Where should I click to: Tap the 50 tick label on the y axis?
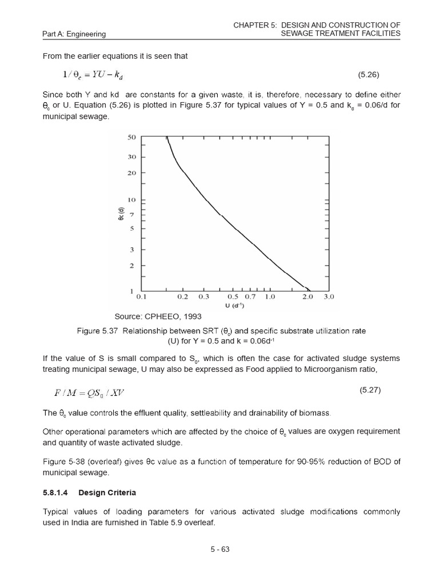coord(131,138)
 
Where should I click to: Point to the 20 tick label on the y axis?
coord(131,173)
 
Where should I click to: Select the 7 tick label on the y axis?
coord(133,214)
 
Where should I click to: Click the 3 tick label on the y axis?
coord(133,250)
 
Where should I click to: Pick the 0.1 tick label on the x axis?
coord(142,297)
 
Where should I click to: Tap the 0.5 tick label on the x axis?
coord(233,297)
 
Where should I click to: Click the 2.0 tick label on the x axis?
coord(308,297)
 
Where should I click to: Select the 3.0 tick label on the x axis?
coord(329,297)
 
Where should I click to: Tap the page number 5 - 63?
coord(219,550)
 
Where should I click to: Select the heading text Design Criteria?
coord(107,492)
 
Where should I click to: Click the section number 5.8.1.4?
coord(55,492)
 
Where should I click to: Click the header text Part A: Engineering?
coord(74,34)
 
